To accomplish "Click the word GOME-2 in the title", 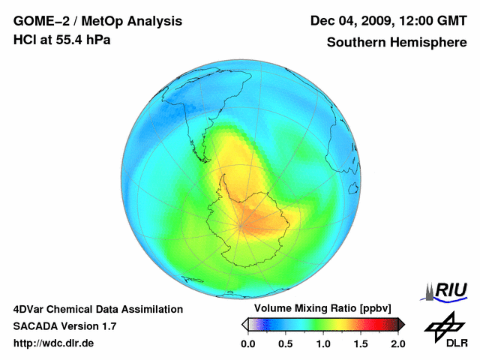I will tap(40, 21).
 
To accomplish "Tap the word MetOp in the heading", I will tap(103, 21).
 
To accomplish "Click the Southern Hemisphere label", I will tap(397, 43).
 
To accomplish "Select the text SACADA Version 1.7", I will tap(64, 326).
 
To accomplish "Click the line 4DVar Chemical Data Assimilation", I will tap(97, 309).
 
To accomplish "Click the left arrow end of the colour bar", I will tap(244, 324).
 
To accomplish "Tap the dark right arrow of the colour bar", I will tap(401, 324).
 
